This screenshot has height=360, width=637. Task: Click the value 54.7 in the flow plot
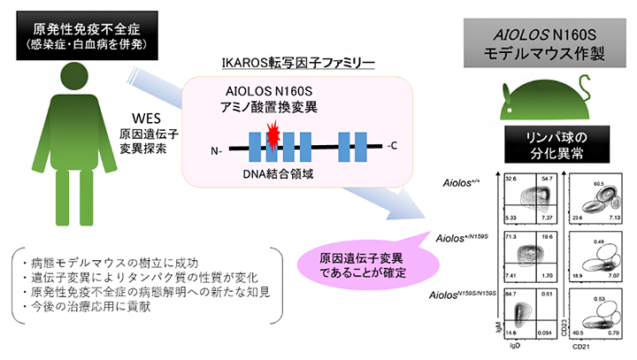pyautogui.click(x=548, y=179)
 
